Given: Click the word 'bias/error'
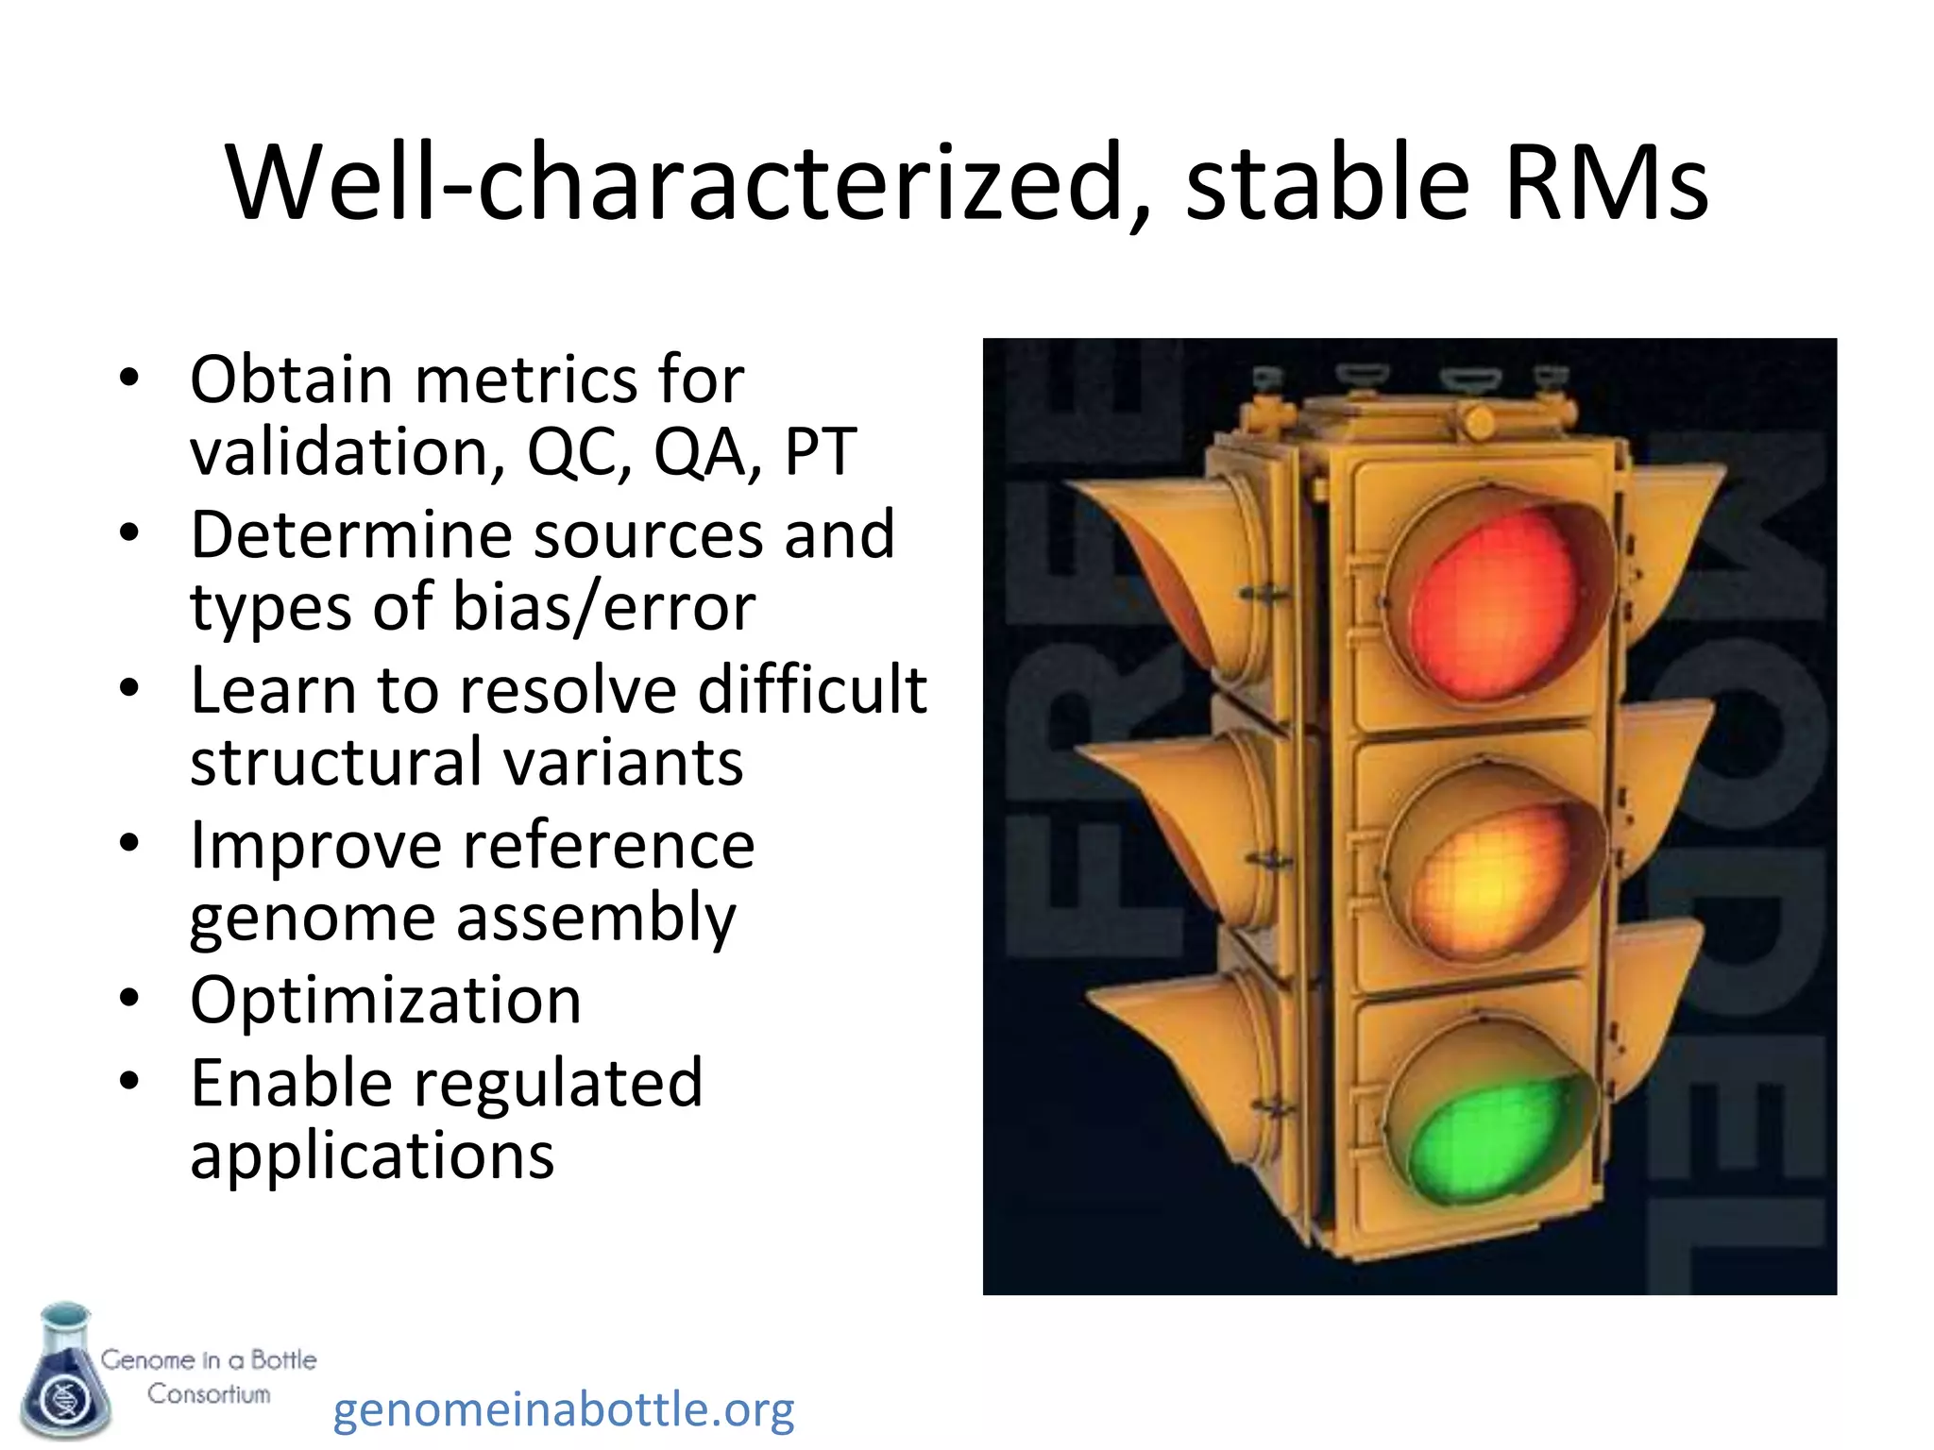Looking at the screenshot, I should (x=603, y=606).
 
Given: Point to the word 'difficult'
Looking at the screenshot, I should (x=812, y=689).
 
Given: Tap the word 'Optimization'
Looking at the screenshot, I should (x=385, y=1000).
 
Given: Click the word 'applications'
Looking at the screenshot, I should (x=372, y=1156).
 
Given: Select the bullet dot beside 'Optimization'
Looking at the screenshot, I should (x=129, y=999).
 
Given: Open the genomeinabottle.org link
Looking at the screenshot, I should (x=564, y=1409).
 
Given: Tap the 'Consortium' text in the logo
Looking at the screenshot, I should (x=209, y=1394).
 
